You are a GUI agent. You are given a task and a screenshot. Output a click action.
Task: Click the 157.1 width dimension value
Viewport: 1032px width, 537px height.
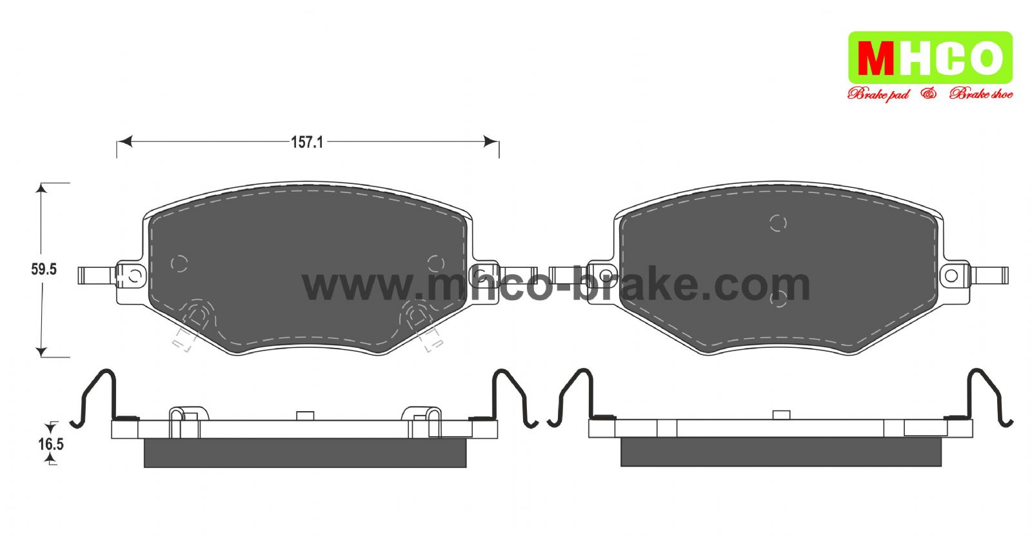coord(307,143)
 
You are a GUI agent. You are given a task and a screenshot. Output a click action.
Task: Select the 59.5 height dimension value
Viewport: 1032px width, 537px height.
coord(44,269)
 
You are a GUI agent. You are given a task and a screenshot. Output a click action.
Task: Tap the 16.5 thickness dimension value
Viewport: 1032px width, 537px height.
coord(51,444)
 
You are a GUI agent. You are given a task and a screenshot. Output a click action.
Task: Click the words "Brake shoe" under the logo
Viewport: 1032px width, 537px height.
coord(981,94)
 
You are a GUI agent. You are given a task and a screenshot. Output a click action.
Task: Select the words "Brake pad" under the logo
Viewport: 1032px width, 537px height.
coord(878,94)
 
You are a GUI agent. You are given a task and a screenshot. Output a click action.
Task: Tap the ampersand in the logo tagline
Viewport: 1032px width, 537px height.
coord(929,94)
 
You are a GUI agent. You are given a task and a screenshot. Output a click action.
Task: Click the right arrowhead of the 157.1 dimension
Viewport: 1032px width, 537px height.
coord(491,141)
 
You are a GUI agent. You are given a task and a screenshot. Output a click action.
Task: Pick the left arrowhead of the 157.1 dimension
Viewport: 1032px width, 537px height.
coord(124,141)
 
